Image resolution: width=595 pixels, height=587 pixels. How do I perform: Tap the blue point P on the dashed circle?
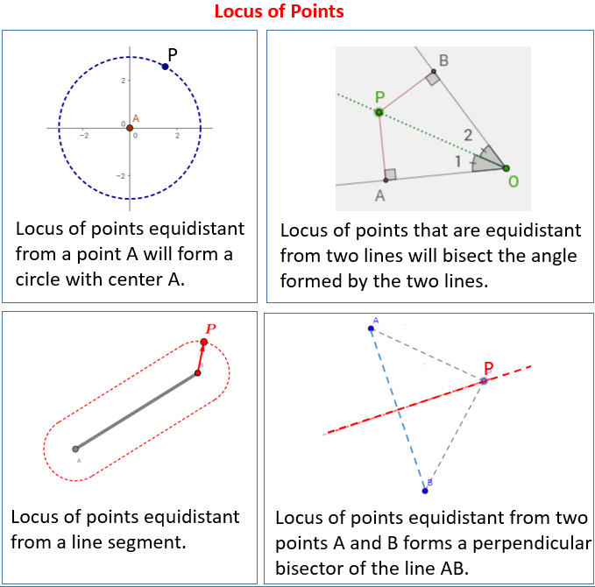(165, 67)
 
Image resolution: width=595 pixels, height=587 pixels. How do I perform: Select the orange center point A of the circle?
(130, 129)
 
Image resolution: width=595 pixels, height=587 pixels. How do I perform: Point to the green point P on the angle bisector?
(379, 112)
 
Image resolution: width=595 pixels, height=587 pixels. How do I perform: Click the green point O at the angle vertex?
(506, 167)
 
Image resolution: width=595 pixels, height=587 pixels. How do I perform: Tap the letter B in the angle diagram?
(443, 60)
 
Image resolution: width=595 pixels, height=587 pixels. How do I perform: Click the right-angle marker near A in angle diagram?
(390, 174)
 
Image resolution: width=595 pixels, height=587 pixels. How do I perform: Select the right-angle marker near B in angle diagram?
(432, 79)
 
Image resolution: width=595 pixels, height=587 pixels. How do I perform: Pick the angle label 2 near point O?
(468, 135)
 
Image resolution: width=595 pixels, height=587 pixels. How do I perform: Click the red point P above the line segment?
(204, 342)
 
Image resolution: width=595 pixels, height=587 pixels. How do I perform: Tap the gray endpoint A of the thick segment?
(75, 449)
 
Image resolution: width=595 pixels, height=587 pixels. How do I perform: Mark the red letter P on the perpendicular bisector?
(488, 368)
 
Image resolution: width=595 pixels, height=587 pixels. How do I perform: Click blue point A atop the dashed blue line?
(371, 329)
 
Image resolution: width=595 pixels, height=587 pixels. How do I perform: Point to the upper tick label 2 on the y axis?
(124, 81)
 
